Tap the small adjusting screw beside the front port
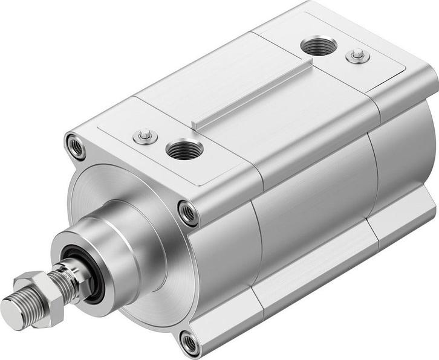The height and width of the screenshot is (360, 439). (x=145, y=136)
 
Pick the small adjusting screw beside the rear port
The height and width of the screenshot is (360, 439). (x=358, y=56)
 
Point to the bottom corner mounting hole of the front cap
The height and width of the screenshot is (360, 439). (x=190, y=342)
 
